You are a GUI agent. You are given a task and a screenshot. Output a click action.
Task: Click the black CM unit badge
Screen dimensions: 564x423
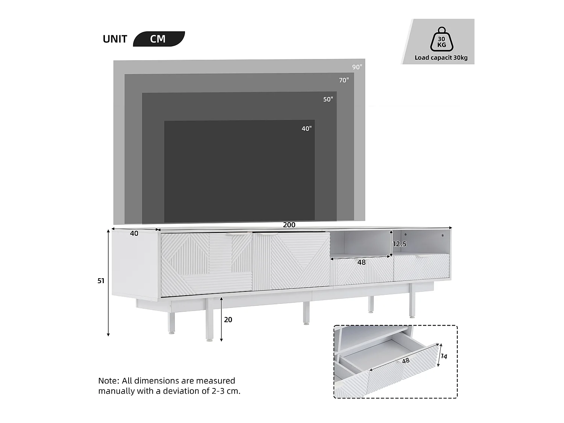pyautogui.click(x=159, y=39)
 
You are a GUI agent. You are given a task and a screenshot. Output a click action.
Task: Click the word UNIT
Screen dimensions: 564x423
pyautogui.click(x=115, y=39)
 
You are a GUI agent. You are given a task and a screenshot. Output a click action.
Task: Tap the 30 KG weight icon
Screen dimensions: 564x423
pyautogui.click(x=441, y=39)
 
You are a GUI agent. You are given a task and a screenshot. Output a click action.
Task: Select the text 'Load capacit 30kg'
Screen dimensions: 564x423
pyautogui.click(x=441, y=58)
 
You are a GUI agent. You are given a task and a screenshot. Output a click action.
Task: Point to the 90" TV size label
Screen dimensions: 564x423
pyautogui.click(x=357, y=67)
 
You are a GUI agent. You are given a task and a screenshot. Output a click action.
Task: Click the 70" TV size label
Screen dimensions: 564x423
pyautogui.click(x=344, y=80)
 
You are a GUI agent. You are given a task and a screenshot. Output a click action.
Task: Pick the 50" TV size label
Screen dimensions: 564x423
pyautogui.click(x=328, y=99)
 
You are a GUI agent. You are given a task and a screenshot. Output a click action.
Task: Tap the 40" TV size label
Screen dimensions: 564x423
pyautogui.click(x=306, y=129)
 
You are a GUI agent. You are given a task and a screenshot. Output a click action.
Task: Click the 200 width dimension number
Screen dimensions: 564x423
pyautogui.click(x=289, y=225)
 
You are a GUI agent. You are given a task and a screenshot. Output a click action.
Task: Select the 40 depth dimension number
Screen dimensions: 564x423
pyautogui.click(x=134, y=233)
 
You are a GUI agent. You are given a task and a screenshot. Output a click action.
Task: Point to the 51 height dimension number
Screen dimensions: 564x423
pyautogui.click(x=101, y=281)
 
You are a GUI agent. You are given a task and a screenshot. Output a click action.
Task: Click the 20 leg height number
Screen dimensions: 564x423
pyautogui.click(x=228, y=320)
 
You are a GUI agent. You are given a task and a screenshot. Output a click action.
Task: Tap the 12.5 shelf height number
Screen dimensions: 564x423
pyautogui.click(x=400, y=244)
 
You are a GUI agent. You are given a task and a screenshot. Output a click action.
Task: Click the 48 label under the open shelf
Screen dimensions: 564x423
pyautogui.click(x=361, y=262)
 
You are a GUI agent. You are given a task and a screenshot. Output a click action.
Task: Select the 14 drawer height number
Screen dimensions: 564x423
pyautogui.click(x=444, y=356)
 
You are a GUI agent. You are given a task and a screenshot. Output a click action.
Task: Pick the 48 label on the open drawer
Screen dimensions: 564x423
pyautogui.click(x=406, y=361)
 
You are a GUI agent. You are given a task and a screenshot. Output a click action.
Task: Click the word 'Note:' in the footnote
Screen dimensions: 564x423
pyautogui.click(x=109, y=381)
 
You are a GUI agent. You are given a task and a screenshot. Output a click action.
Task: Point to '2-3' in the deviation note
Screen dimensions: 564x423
pyautogui.click(x=218, y=391)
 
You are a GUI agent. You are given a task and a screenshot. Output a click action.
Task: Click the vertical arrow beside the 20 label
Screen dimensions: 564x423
pyautogui.click(x=221, y=319)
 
